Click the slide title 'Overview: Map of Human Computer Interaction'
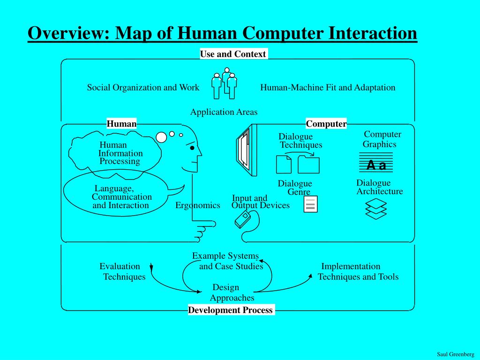pyautogui.click(x=222, y=33)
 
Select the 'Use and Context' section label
pyautogui.click(x=233, y=54)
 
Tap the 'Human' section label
pyautogui.click(x=121, y=124)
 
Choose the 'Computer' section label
pyautogui.click(x=326, y=124)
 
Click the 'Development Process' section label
pyautogui.click(x=230, y=310)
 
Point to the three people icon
pyautogui.click(x=224, y=84)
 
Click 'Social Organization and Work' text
pyautogui.click(x=143, y=88)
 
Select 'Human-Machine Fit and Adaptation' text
pyautogui.click(x=328, y=88)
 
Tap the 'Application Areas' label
pyautogui.click(x=224, y=112)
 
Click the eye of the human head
pyautogui.click(x=192, y=148)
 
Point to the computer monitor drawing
pyautogui.click(x=246, y=150)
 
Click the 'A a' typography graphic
pyautogui.click(x=376, y=165)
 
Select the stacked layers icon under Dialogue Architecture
pyautogui.click(x=376, y=209)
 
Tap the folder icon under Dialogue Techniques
pyautogui.click(x=308, y=165)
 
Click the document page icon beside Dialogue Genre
pyautogui.click(x=310, y=204)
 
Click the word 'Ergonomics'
pyautogui.click(x=198, y=205)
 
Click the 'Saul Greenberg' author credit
pyautogui.click(x=455, y=354)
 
